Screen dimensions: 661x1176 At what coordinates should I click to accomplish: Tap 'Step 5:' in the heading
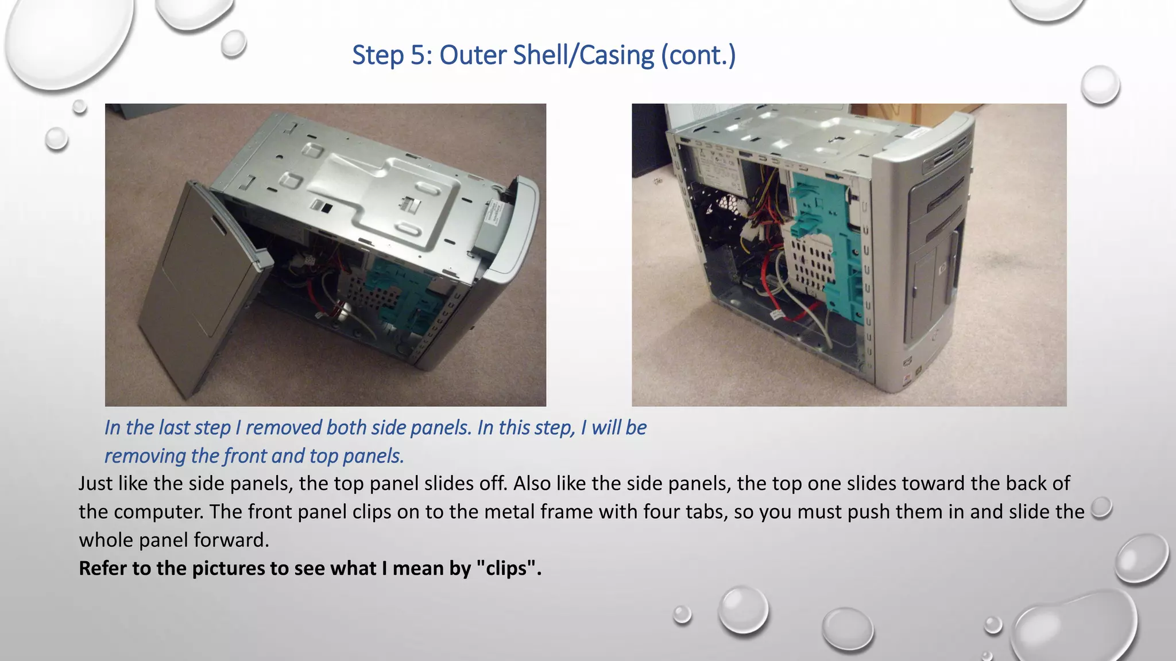click(392, 56)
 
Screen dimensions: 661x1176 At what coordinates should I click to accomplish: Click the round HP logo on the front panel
click(942, 267)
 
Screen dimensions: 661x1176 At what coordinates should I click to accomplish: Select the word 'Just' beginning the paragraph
click(95, 483)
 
